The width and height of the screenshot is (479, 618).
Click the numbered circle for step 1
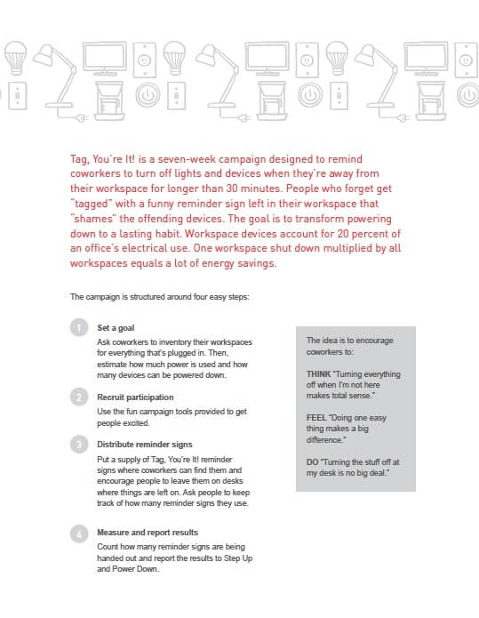pos(79,327)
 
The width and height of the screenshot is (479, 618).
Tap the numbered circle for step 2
pos(79,397)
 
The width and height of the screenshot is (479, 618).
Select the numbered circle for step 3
pos(79,445)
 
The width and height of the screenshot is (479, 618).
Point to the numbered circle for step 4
pos(79,534)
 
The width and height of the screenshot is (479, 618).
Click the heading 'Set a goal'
pos(116,328)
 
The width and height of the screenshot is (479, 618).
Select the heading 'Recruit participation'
pos(135,397)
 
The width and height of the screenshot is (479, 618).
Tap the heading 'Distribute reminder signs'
pos(145,445)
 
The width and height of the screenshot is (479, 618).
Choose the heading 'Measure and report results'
pos(148,533)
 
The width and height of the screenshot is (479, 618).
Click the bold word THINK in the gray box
pos(318,374)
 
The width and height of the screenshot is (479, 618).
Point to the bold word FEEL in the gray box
pos(316,418)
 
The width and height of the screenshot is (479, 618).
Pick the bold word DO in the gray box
pos(312,461)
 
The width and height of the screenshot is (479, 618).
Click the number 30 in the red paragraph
pos(232,189)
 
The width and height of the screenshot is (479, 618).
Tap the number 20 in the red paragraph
pos(343,234)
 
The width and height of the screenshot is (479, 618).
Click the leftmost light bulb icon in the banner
pos(16,58)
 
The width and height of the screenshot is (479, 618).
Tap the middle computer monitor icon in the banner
pos(267,59)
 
